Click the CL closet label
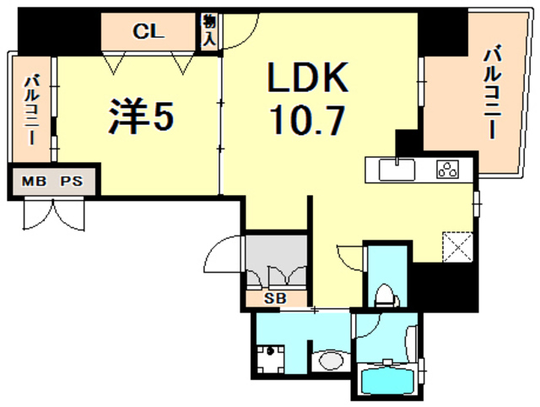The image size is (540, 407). [x=148, y=31]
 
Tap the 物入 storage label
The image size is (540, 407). [x=208, y=30]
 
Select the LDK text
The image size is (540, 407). [x=307, y=77]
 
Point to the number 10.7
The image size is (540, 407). [x=307, y=120]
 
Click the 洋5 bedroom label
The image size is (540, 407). [x=141, y=117]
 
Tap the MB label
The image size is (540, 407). [x=34, y=181]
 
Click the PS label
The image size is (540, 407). [x=72, y=181]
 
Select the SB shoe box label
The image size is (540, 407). [x=275, y=298]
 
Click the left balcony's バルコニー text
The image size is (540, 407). [x=31, y=110]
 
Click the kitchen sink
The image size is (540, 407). [x=397, y=170]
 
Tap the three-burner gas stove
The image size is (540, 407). [x=448, y=169]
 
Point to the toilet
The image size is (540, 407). [x=386, y=295]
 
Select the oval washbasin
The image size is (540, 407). [x=332, y=361]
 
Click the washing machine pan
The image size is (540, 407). [x=271, y=360]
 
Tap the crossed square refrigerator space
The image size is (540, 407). [x=457, y=247]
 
